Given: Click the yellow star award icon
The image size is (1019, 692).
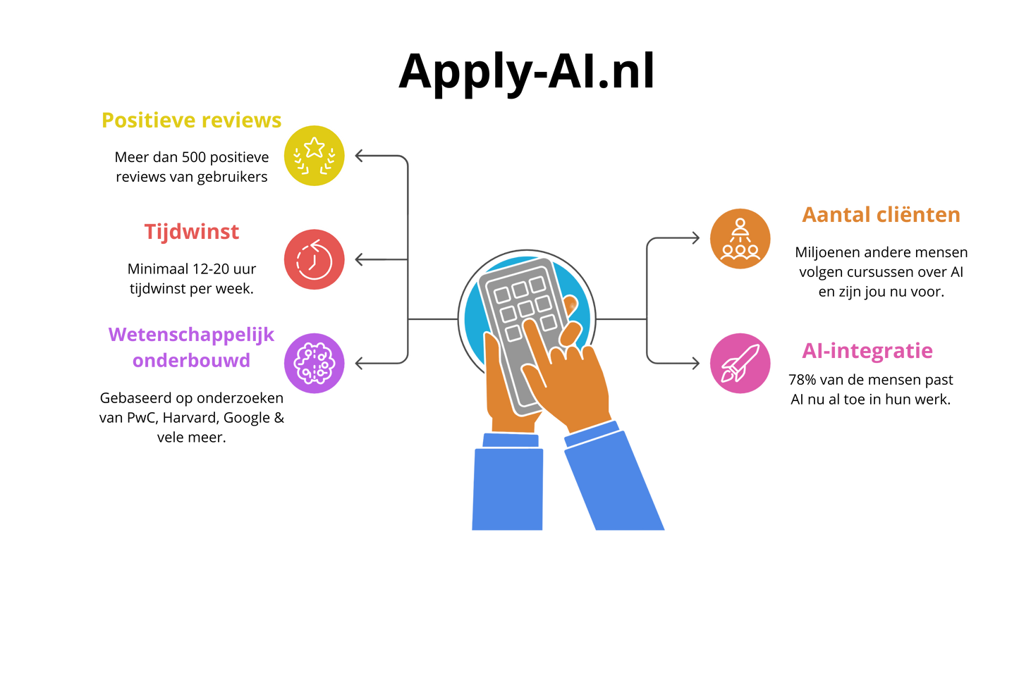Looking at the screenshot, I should click(315, 156).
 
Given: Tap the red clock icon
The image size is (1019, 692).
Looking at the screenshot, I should click(315, 259).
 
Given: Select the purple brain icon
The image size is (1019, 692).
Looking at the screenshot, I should click(315, 363).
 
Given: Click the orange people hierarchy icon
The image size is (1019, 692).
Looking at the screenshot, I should click(740, 238).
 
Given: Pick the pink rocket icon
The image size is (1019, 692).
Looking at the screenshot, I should click(740, 363).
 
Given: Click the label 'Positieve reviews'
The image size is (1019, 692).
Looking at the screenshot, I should click(191, 121).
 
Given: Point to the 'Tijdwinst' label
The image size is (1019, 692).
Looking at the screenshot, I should click(192, 232).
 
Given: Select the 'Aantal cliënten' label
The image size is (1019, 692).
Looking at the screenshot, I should click(881, 214).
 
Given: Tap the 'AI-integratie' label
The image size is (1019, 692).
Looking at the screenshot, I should click(867, 351).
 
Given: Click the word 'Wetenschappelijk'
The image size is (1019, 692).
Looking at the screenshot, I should click(191, 335).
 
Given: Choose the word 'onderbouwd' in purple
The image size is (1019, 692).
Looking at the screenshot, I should click(191, 361).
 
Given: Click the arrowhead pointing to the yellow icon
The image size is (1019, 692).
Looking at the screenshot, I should click(358, 156).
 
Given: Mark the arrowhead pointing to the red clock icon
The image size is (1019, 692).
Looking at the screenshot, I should click(358, 260).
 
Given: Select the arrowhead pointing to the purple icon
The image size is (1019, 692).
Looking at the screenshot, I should click(358, 364).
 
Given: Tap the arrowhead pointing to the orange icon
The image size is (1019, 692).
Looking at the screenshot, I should click(696, 238).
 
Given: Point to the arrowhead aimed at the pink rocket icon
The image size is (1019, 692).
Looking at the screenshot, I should click(696, 364).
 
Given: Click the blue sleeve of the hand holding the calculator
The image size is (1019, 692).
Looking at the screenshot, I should click(508, 486).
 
